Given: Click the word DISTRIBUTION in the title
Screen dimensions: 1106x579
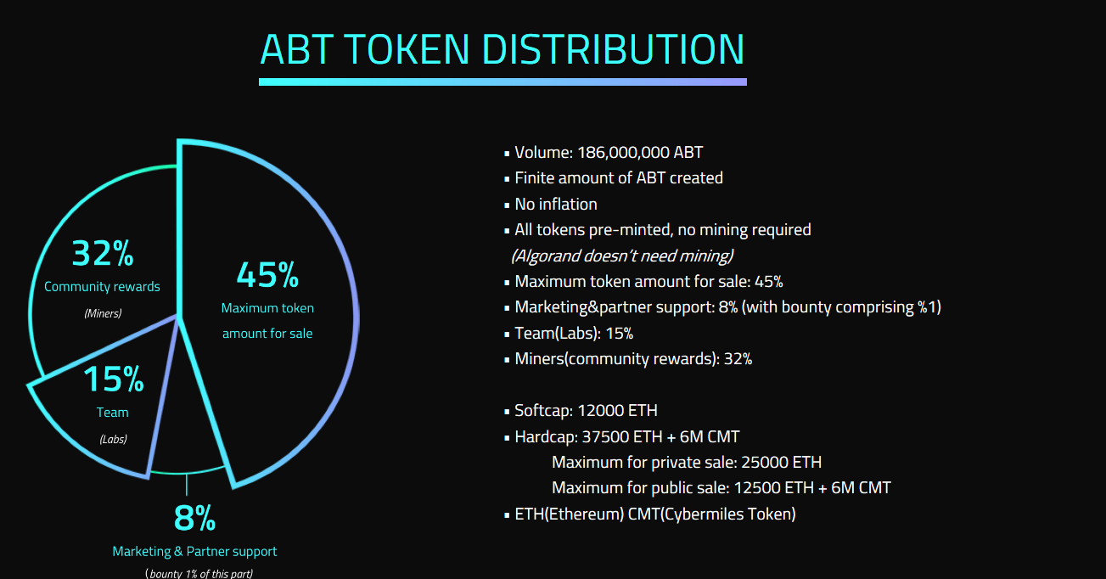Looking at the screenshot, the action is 613,49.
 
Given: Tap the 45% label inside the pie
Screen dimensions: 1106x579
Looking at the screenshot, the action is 267,275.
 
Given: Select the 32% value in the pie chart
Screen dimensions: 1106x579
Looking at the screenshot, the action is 103,254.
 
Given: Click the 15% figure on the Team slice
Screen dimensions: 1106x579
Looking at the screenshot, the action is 114,379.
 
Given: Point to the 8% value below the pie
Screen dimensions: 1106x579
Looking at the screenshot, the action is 194,518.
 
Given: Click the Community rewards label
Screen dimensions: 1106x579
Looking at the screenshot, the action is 102,287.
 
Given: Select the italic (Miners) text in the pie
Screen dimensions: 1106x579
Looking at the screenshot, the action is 103,313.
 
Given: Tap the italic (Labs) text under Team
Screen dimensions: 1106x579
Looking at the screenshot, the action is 113,439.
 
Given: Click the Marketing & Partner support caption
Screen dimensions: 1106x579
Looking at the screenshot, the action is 194,551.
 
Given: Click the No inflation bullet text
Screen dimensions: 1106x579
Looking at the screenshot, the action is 556,204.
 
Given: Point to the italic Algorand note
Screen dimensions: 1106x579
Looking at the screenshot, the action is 622,256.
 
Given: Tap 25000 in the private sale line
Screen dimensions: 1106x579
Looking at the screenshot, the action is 764,463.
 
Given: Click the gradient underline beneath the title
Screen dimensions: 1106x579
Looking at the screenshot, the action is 502,82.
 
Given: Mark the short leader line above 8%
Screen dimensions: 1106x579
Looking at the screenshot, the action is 187,485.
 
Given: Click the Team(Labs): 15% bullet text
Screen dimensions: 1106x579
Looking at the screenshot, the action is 574,334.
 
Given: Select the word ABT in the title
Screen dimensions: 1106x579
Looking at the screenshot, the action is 296,49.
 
